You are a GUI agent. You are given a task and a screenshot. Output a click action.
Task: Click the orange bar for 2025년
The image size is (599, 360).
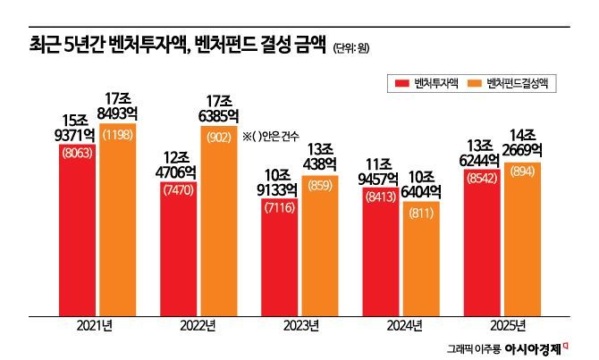click(x=521, y=241)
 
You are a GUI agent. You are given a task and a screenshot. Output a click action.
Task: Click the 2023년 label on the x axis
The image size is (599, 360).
click(x=298, y=324)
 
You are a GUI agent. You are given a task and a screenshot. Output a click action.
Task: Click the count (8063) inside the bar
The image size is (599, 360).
click(x=77, y=153)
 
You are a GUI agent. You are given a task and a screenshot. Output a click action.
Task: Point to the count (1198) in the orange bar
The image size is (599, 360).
click(x=118, y=134)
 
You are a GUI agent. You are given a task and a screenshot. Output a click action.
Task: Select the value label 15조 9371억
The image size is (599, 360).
click(x=77, y=126)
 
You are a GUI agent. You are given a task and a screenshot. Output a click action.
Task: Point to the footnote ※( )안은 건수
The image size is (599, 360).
click(x=271, y=136)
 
